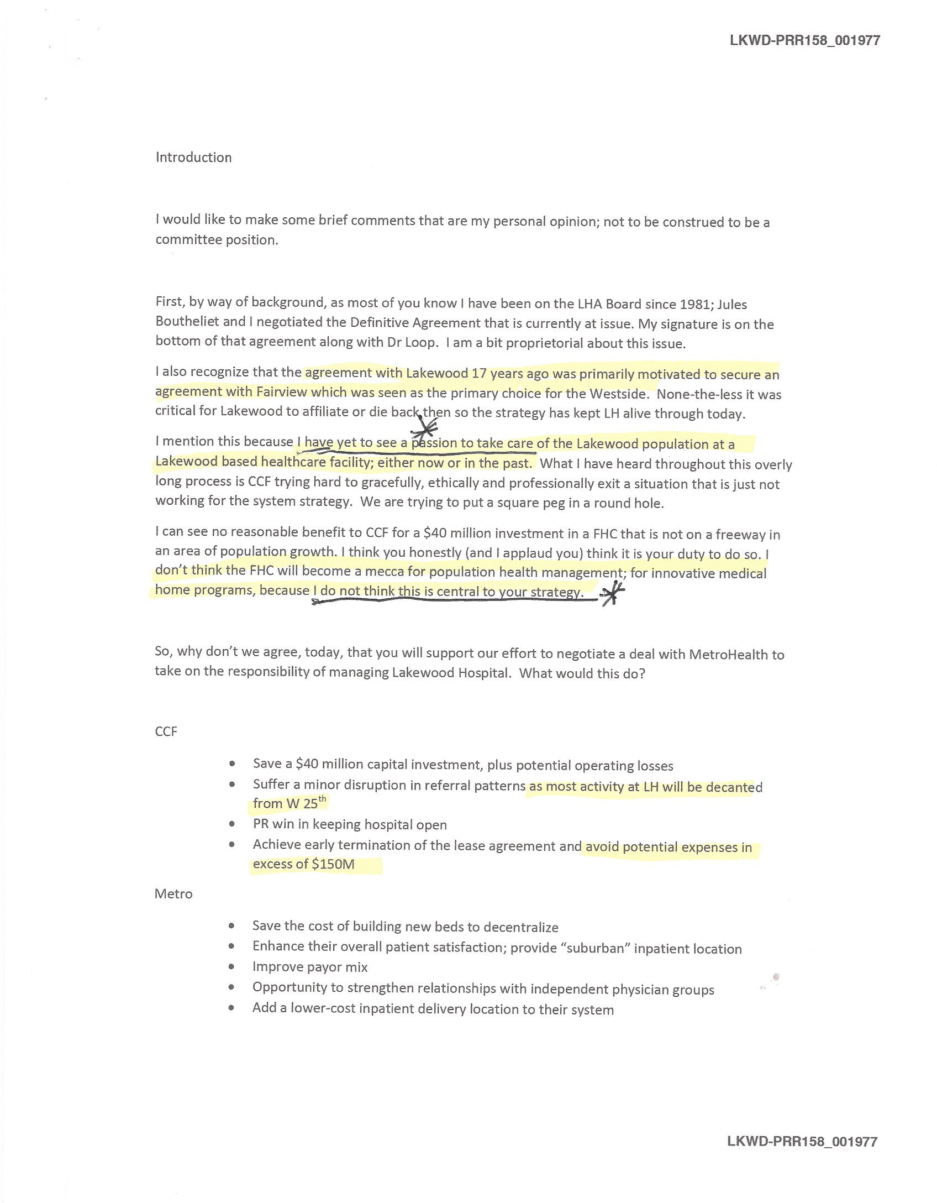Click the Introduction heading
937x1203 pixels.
[193, 158]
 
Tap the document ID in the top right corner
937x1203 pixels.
[804, 40]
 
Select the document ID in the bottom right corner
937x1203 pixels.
[802, 1142]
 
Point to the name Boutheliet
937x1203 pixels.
[187, 322]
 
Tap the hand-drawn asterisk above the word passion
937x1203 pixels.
[424, 426]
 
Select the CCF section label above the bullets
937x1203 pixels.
[166, 731]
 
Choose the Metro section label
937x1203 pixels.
[173, 894]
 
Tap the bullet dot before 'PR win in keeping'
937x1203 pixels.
[232, 824]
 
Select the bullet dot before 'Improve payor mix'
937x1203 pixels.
[232, 967]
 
